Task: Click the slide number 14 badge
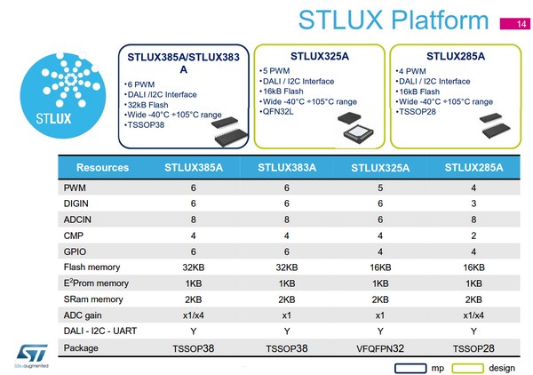[x=514, y=23]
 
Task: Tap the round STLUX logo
[x=63, y=96]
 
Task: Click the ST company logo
[x=32, y=354]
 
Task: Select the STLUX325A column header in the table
[x=380, y=168]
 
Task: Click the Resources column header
[x=102, y=167]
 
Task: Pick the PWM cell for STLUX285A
[x=473, y=187]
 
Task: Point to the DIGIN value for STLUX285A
[x=473, y=203]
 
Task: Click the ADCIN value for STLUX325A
[x=380, y=219]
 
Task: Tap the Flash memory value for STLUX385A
[x=194, y=267]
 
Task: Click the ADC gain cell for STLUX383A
[x=287, y=315]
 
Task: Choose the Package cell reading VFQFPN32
[x=380, y=348]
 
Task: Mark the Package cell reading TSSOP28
[x=473, y=348]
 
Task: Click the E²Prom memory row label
[x=96, y=283]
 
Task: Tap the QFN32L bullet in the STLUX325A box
[x=276, y=111]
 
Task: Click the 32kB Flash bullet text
[x=147, y=105]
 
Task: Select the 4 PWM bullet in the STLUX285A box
[x=410, y=71]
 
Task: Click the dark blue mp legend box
[x=410, y=368]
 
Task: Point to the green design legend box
[x=467, y=368]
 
